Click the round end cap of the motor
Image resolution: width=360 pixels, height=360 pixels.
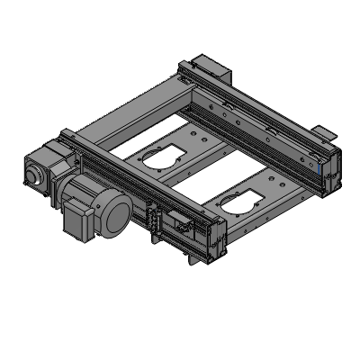(116, 217)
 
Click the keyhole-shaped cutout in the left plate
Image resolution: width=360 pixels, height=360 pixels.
(160, 157)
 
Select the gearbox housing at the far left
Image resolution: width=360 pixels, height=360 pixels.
(40, 166)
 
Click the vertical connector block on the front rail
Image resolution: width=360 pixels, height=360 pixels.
(154, 221)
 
